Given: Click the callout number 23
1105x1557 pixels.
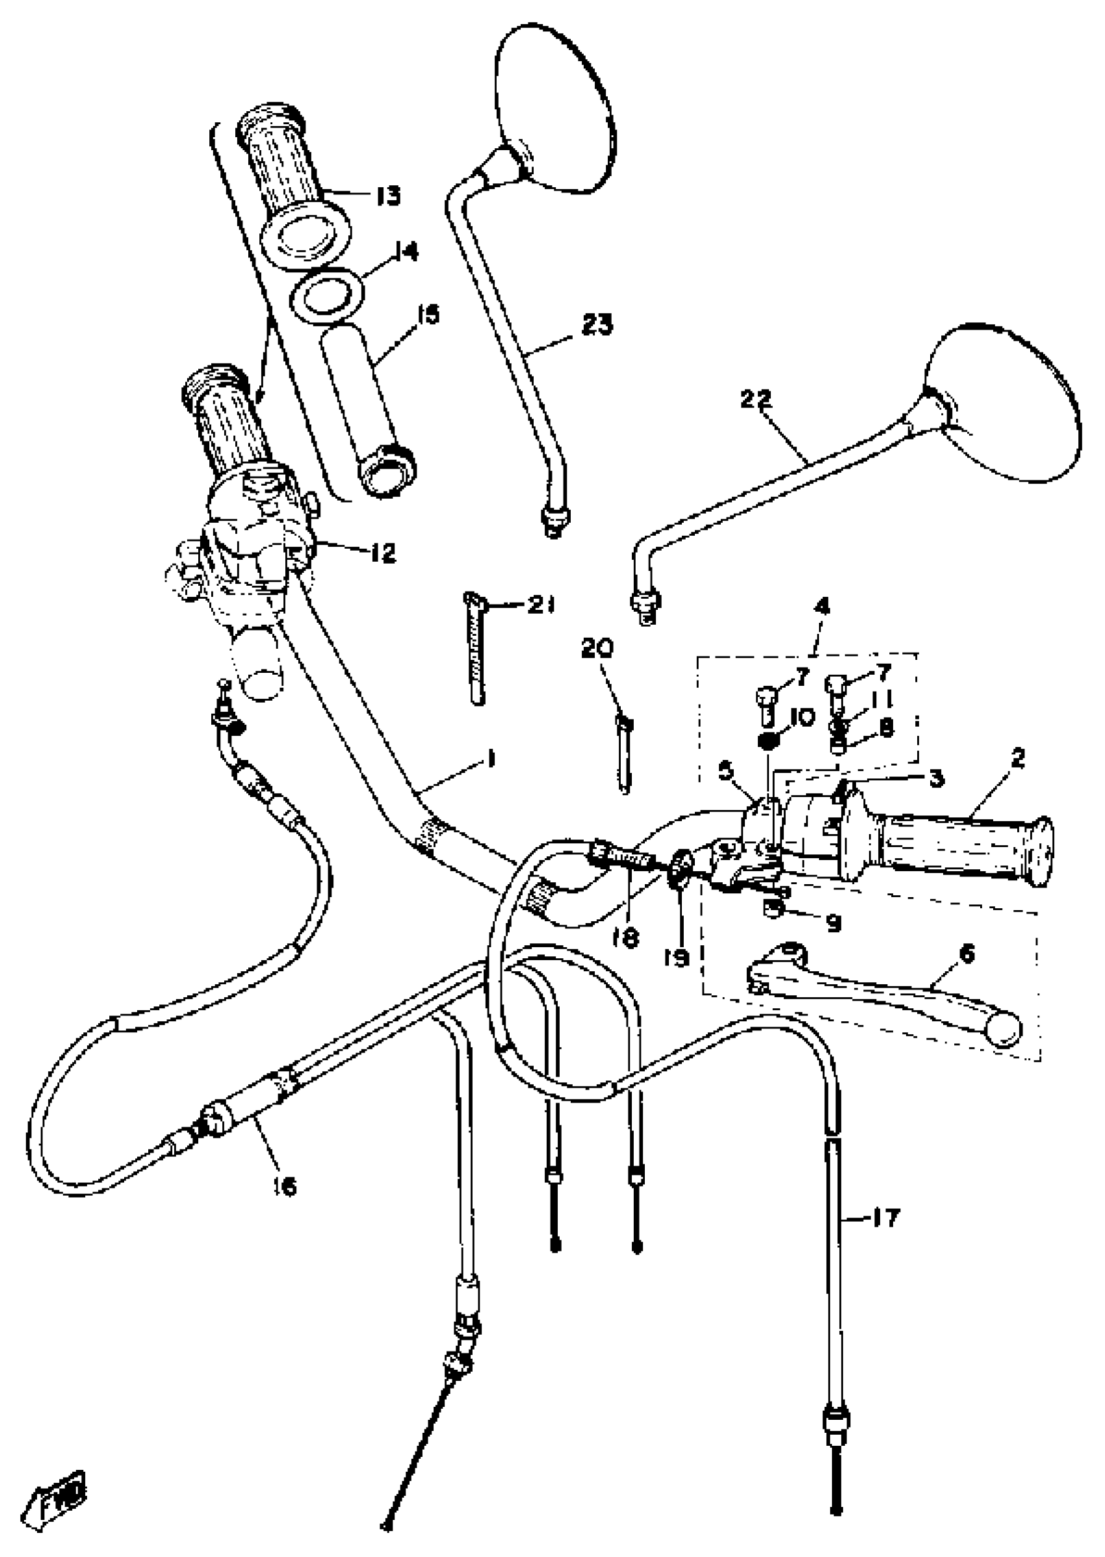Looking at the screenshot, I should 596,324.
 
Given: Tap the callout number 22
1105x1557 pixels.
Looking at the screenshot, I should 757,399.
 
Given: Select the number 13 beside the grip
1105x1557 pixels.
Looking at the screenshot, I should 389,196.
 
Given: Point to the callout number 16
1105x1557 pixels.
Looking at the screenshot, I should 287,1188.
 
